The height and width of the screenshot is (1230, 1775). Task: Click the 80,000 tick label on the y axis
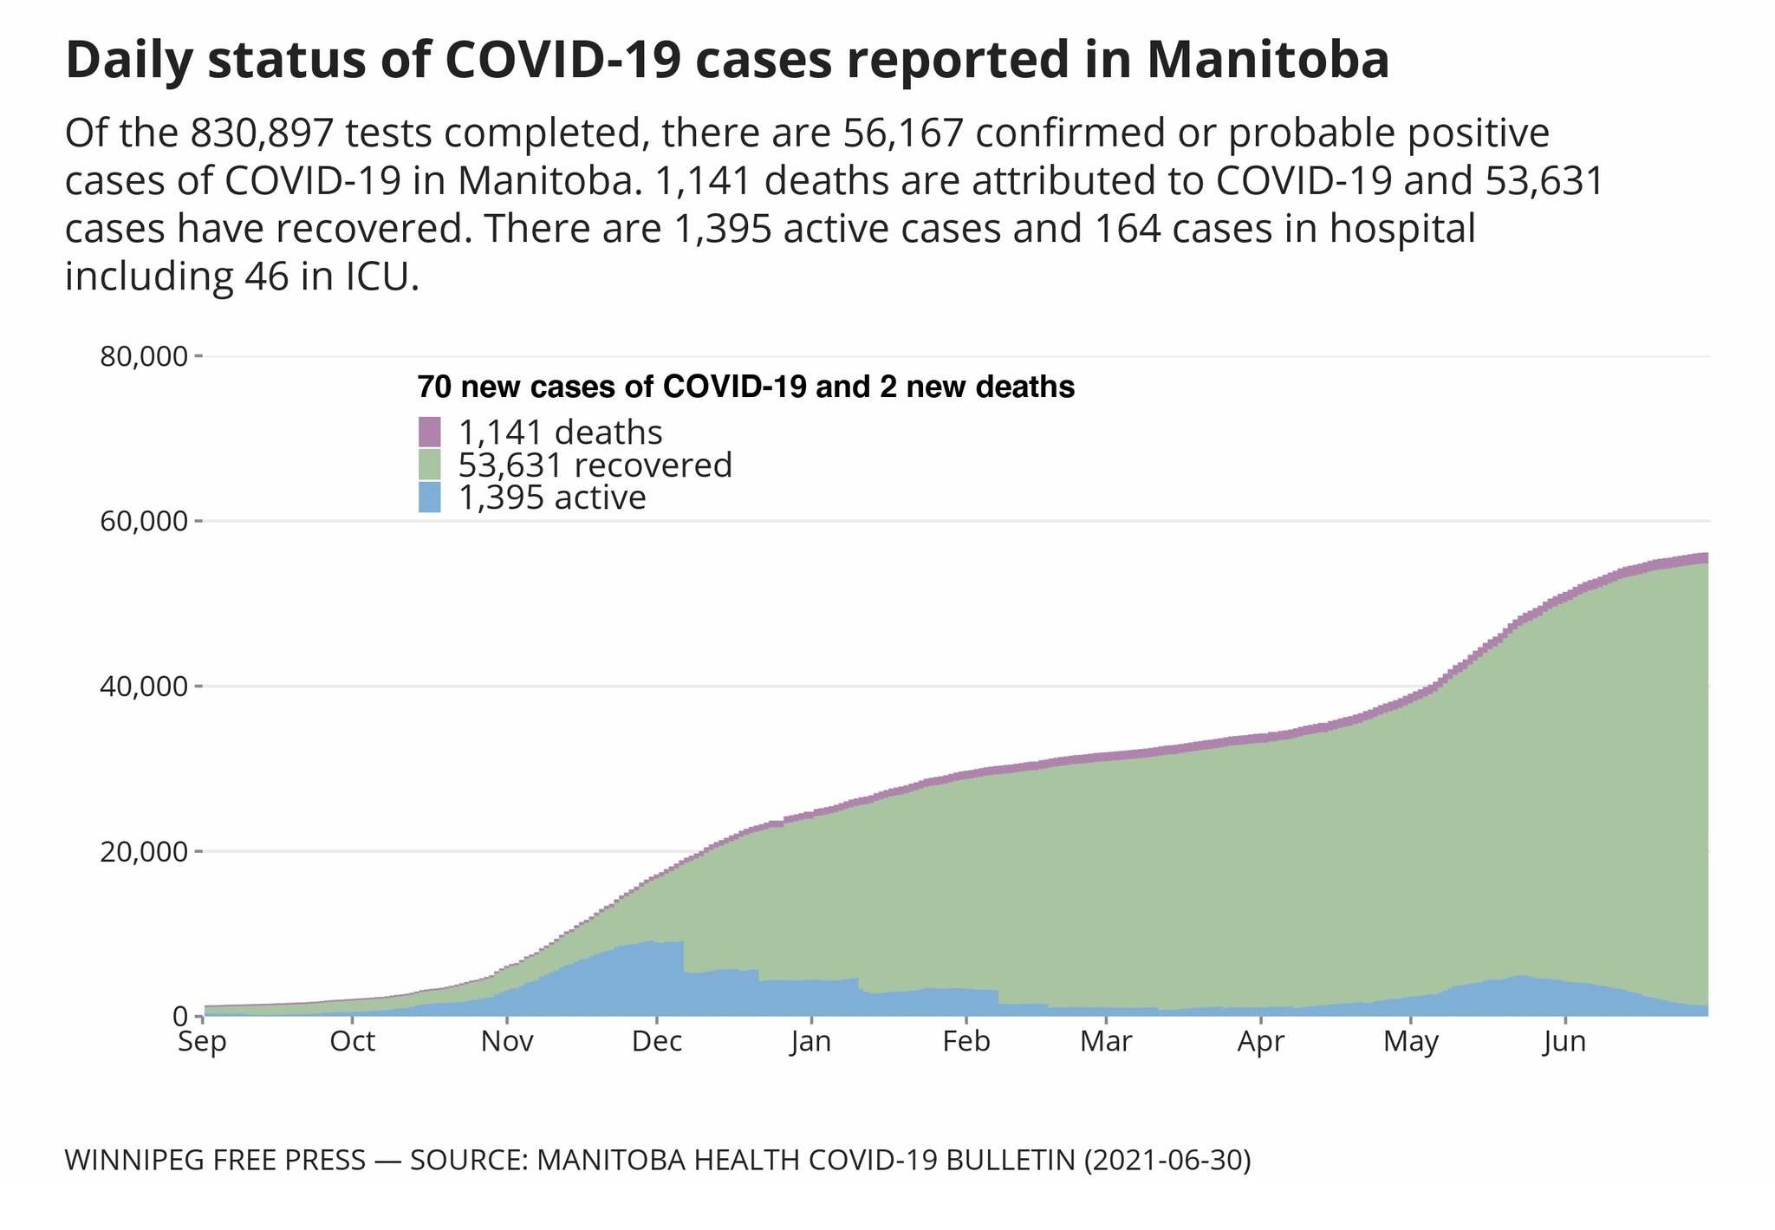(x=145, y=356)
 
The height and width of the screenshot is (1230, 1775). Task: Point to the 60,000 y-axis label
(x=145, y=522)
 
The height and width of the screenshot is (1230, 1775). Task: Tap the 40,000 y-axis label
(x=145, y=687)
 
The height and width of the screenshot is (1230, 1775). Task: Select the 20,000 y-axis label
(x=145, y=851)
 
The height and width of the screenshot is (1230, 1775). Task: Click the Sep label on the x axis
(x=202, y=1042)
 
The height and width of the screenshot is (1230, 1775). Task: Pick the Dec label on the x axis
(x=657, y=1042)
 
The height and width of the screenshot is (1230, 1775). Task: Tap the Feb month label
(x=966, y=1042)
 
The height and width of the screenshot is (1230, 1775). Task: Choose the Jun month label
(x=1565, y=1042)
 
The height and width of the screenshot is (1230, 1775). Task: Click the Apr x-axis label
(x=1260, y=1042)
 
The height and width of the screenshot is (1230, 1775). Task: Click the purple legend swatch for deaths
(x=430, y=432)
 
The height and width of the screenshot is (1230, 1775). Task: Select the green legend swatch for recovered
(x=430, y=465)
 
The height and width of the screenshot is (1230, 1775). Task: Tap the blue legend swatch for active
(x=430, y=498)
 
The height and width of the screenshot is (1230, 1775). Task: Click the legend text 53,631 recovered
(x=595, y=465)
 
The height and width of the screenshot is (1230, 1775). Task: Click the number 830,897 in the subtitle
(x=263, y=134)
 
